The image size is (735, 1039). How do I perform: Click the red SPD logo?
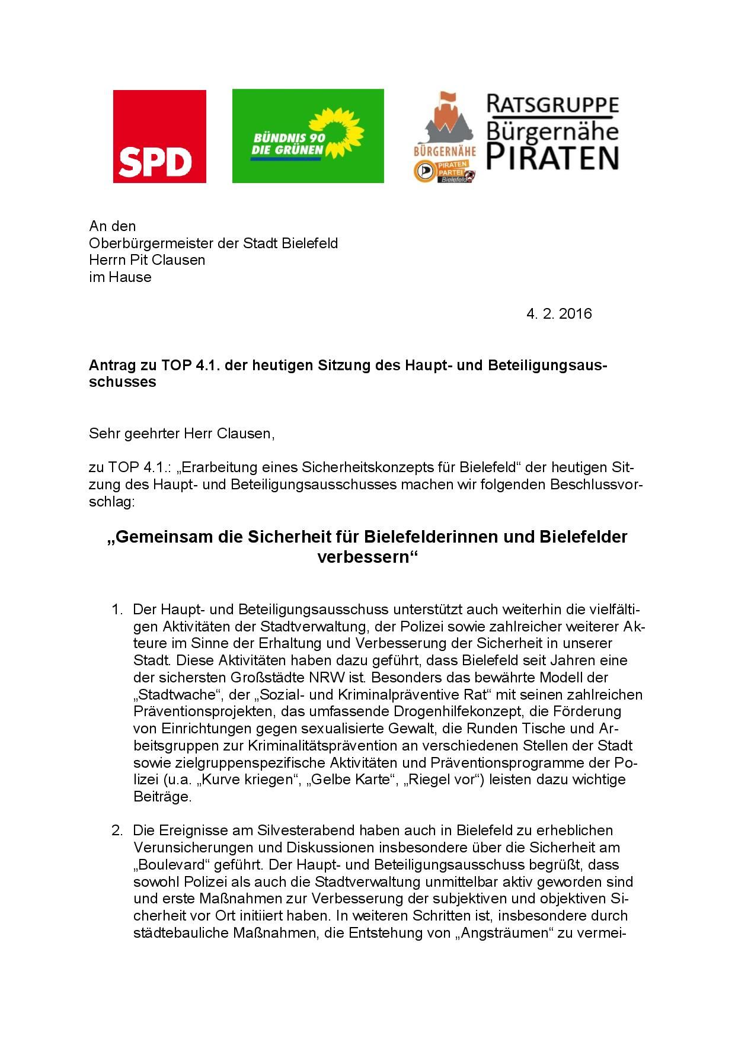click(159, 136)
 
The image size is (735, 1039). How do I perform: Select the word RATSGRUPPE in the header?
click(552, 105)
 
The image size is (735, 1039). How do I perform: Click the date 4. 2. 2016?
click(558, 313)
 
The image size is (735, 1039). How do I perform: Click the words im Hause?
click(120, 277)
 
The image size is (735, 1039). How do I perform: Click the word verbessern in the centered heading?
click(365, 557)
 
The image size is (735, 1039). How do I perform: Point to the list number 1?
click(116, 610)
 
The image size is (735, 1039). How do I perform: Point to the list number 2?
click(116, 830)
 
